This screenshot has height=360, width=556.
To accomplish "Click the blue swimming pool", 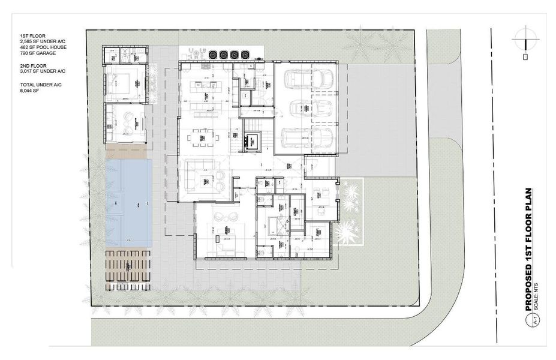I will tap(128, 200).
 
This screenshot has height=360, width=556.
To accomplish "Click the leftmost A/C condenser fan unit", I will tap(214, 53).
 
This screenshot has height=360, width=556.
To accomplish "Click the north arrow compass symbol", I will tap(525, 40).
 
